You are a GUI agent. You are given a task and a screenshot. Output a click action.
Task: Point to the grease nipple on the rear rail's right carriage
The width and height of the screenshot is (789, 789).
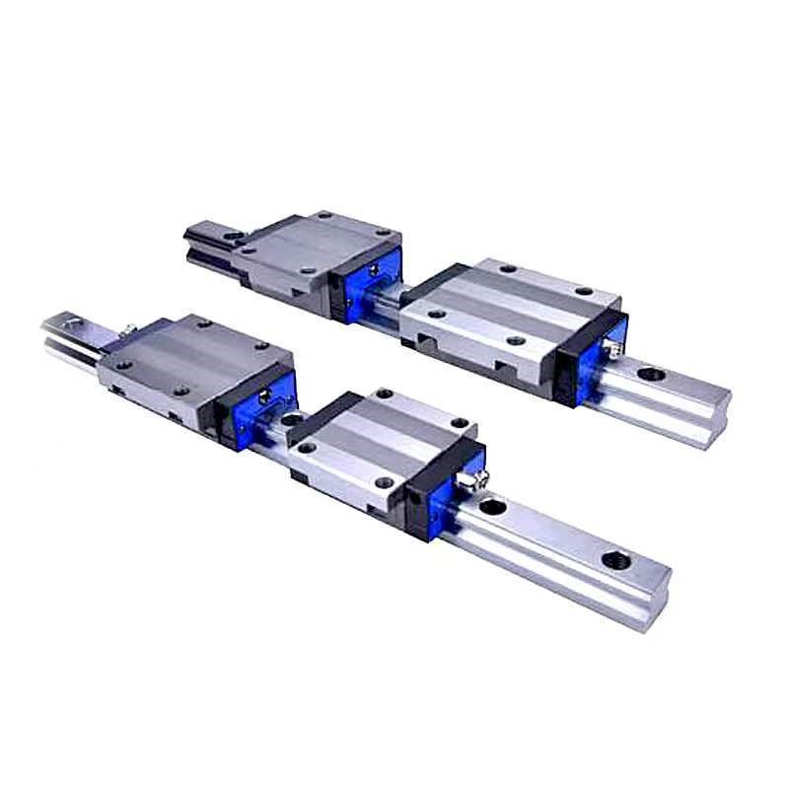[x=613, y=346]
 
